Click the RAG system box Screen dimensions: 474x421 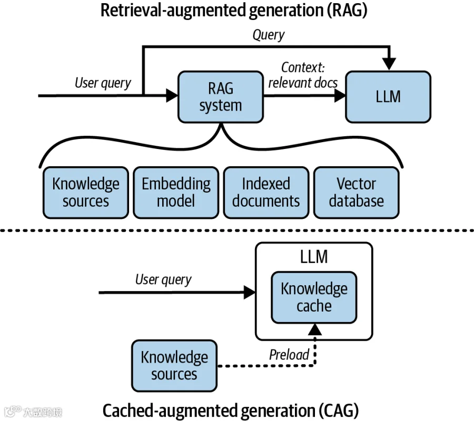pyautogui.click(x=221, y=97)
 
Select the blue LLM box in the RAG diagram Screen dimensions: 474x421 pyautogui.click(x=388, y=97)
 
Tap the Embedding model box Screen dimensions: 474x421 pyautogui.click(x=176, y=193)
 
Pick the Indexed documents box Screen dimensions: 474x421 pyautogui.click(x=266, y=193)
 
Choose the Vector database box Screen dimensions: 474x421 pyautogui.click(x=357, y=193)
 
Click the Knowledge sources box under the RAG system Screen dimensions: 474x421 pyautogui.click(x=86, y=193)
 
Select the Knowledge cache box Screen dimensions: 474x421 pyautogui.click(x=314, y=297)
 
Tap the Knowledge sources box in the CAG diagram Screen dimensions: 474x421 pyautogui.click(x=174, y=366)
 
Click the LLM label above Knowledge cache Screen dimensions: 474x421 pyautogui.click(x=314, y=257)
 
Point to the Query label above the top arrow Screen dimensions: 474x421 pyautogui.click(x=269, y=35)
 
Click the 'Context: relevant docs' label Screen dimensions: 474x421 pyautogui.click(x=303, y=75)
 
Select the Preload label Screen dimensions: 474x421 pyautogui.click(x=289, y=355)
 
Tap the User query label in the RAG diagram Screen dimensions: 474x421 pyautogui.click(x=103, y=83)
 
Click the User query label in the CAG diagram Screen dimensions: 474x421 pyautogui.click(x=163, y=279)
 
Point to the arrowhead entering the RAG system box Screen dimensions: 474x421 pyautogui.click(x=172, y=96)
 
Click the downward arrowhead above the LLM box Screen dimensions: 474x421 pyautogui.click(x=389, y=64)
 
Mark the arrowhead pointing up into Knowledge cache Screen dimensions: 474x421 pyautogui.click(x=315, y=329)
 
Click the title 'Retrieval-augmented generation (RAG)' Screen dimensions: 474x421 pyautogui.click(x=234, y=11)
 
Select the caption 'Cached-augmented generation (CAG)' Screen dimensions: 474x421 pyautogui.click(x=231, y=410)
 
